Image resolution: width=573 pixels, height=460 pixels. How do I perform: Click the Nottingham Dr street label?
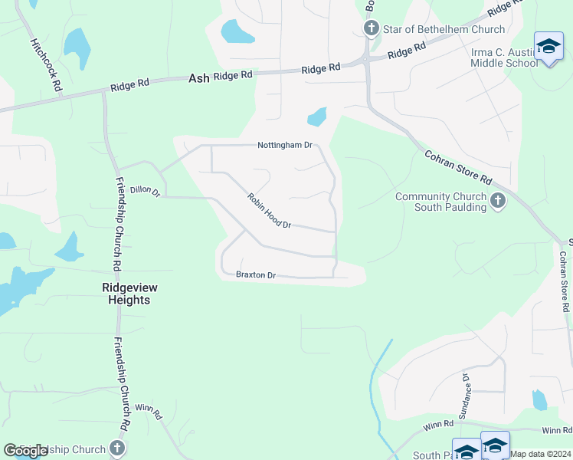click(x=285, y=145)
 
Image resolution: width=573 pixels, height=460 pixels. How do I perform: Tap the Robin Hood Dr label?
click(x=270, y=210)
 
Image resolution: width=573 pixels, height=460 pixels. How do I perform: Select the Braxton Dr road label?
click(x=255, y=274)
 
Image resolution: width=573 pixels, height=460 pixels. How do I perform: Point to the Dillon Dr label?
click(x=145, y=190)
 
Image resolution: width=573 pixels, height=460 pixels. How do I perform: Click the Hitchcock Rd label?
click(x=45, y=66)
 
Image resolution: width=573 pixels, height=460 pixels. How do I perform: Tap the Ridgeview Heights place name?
click(x=126, y=294)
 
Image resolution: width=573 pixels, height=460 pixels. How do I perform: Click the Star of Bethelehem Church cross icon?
click(x=372, y=29)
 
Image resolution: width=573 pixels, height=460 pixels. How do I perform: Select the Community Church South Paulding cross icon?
click(x=498, y=202)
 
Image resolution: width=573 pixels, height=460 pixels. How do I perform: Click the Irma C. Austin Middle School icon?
click(x=548, y=47)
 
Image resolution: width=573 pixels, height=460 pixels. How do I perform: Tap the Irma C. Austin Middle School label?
click(x=503, y=58)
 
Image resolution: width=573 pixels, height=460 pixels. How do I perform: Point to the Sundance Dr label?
click(x=465, y=390)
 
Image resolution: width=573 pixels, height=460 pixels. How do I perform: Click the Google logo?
click(x=26, y=451)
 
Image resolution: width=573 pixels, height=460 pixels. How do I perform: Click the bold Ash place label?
click(x=198, y=77)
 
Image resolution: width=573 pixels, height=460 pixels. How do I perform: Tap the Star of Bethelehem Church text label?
click(x=444, y=29)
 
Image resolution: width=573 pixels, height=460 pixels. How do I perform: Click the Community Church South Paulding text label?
click(x=440, y=202)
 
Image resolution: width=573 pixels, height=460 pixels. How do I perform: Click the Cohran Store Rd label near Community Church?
click(x=457, y=167)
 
